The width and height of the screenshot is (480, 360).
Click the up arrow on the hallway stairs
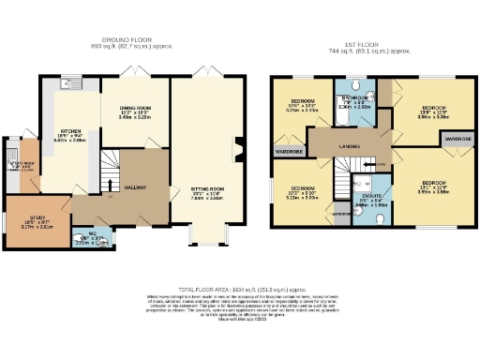[x=111, y=184]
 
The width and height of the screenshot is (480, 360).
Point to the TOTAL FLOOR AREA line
[x=239, y=290]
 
